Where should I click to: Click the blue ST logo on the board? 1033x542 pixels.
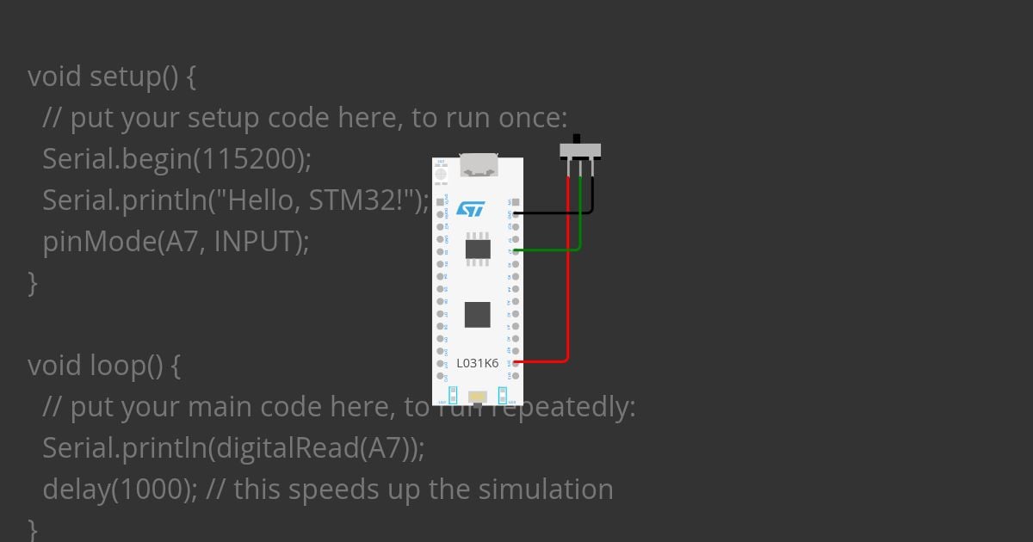pyautogui.click(x=471, y=209)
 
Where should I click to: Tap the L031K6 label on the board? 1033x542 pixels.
pyautogui.click(x=477, y=363)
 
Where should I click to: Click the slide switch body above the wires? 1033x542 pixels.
pyautogui.click(x=580, y=151)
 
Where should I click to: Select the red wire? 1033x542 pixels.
pyautogui.click(x=567, y=284)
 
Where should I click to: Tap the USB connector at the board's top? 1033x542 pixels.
pyautogui.click(x=479, y=165)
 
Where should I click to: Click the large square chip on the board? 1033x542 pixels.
pyautogui.click(x=477, y=314)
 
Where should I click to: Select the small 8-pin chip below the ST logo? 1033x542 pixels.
pyautogui.click(x=478, y=249)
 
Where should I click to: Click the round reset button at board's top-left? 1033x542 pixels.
pyautogui.click(x=442, y=174)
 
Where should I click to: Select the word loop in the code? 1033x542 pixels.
pyautogui.click(x=118, y=366)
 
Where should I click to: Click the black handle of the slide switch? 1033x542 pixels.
pyautogui.click(x=578, y=139)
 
